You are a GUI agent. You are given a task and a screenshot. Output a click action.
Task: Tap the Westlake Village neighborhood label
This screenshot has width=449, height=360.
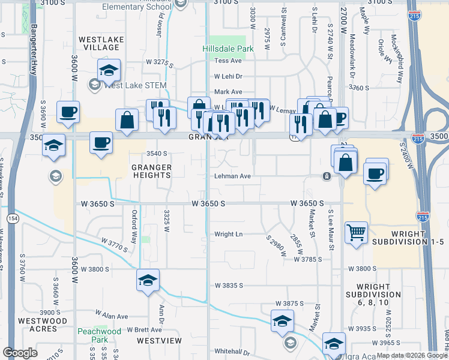(x=101, y=44)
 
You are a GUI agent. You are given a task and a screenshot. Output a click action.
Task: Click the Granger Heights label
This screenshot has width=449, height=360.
(x=151, y=172)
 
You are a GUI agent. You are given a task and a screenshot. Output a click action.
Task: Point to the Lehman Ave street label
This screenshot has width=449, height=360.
(x=233, y=176)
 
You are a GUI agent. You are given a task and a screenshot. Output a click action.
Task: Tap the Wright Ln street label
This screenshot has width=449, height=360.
(x=228, y=234)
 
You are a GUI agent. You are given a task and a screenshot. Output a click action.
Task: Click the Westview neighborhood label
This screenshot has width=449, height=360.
(x=159, y=340)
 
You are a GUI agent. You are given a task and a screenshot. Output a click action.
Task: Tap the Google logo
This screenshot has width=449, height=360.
(x=20, y=353)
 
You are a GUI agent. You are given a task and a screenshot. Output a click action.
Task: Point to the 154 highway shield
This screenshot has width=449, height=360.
(x=11, y=218)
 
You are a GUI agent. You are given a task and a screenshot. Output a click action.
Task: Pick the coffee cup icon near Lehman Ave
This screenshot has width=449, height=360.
(x=375, y=173)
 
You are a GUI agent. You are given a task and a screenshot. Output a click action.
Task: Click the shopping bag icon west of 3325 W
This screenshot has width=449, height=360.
(x=127, y=120)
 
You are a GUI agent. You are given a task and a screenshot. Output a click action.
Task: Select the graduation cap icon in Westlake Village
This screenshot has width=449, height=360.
(x=109, y=71)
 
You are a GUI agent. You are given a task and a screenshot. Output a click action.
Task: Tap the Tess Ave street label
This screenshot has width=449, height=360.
(x=228, y=61)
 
